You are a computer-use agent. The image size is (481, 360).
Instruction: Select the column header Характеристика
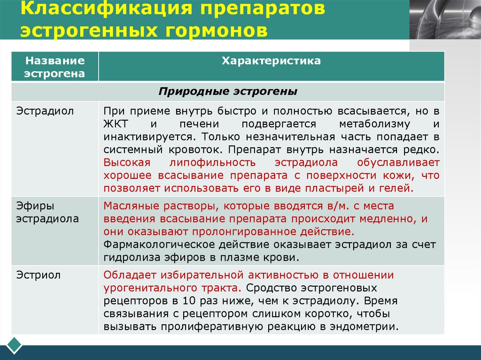[x=271, y=61]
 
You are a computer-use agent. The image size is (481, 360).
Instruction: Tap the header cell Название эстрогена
[x=55, y=67]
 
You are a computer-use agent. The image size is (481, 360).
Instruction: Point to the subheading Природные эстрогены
[x=228, y=92]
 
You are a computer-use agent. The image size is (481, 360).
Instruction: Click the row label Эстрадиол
[x=39, y=111]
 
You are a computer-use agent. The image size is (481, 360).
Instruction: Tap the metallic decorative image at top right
[x=445, y=19]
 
